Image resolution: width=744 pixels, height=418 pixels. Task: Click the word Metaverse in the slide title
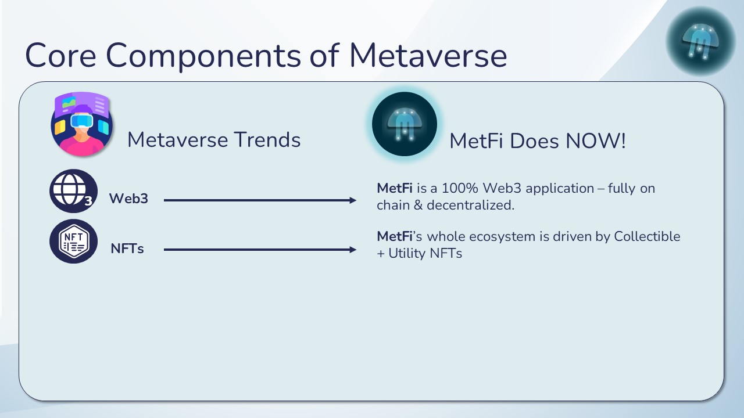[428, 55]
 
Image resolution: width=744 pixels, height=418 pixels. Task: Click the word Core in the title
[61, 55]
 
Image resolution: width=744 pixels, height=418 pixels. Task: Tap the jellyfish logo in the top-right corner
[700, 41]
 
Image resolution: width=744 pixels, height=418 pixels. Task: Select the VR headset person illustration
[82, 124]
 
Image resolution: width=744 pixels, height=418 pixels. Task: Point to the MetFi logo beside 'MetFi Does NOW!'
[404, 124]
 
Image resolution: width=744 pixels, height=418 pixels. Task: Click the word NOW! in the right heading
[596, 140]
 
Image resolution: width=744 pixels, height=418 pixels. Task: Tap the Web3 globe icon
[73, 191]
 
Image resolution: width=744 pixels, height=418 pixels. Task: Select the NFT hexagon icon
[73, 241]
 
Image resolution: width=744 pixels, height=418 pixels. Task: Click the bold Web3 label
[128, 199]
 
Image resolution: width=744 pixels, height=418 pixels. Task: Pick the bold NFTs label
[127, 248]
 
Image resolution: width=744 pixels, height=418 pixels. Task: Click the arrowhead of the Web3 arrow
[353, 200]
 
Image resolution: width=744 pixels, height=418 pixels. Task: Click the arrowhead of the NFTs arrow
[353, 250]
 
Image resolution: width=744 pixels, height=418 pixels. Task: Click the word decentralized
[471, 205]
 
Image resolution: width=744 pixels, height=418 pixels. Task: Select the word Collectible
[647, 236]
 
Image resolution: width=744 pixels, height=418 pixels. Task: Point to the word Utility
[407, 254]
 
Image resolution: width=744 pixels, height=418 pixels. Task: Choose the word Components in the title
[203, 56]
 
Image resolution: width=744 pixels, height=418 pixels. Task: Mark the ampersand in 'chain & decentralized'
[418, 205]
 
